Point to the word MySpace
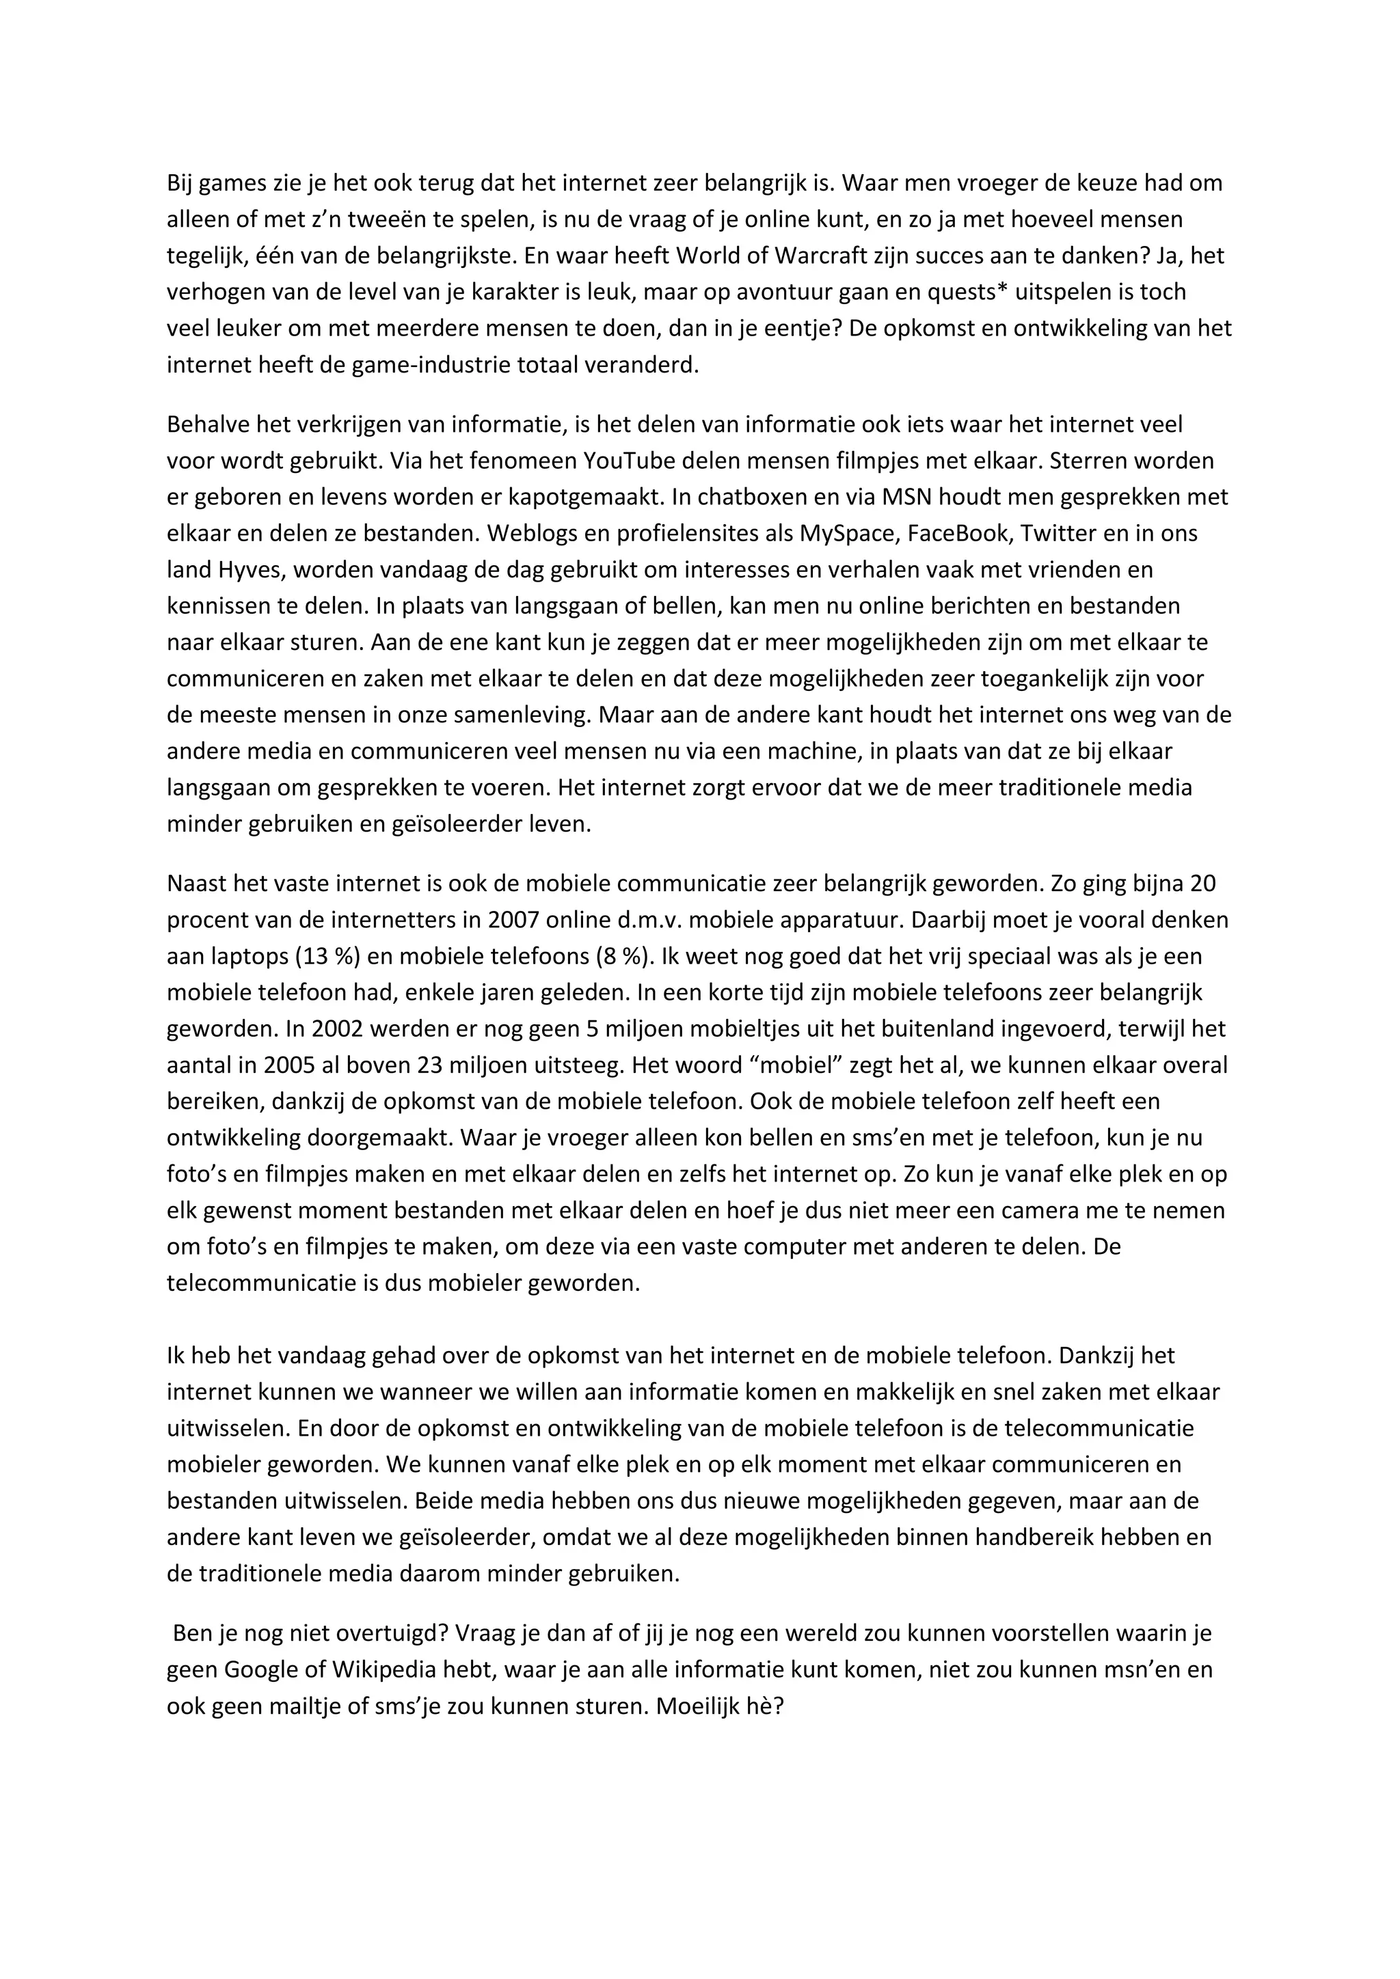pos(848,534)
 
